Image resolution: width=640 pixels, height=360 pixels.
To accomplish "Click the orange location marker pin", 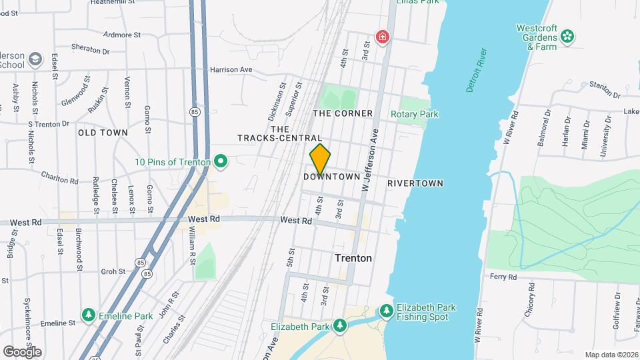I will pyautogui.click(x=320, y=159).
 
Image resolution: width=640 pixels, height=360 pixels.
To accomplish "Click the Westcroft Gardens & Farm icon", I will pyautogui.click(x=567, y=36).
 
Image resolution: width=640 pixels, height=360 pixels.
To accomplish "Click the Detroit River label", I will pyautogui.click(x=474, y=70).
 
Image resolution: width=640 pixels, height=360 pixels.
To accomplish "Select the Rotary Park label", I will pyautogui.click(x=414, y=114).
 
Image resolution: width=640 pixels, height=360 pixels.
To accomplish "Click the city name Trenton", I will pyautogui.click(x=353, y=258).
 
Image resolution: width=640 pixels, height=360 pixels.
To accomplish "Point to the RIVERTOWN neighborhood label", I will pyautogui.click(x=415, y=183).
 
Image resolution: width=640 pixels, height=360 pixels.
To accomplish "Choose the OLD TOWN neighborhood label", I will pyautogui.click(x=103, y=133).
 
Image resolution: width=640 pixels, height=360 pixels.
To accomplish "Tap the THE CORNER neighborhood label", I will pyautogui.click(x=343, y=113).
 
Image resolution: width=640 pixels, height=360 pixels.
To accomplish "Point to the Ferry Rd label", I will pyautogui.click(x=503, y=276).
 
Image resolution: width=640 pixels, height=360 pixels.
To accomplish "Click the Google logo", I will pyautogui.click(x=22, y=351).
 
